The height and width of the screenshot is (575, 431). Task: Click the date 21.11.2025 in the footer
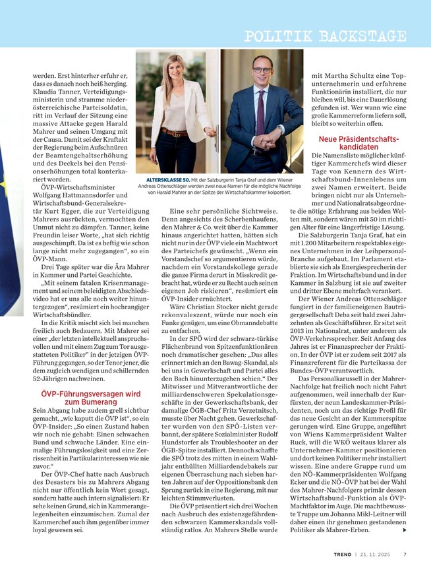tap(376, 554)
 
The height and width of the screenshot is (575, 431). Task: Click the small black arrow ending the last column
tap(404, 530)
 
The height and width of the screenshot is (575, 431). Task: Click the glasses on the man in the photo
tap(262, 69)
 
